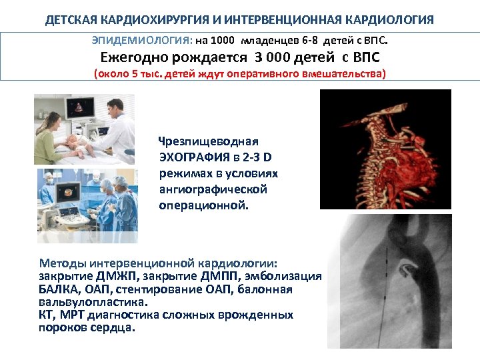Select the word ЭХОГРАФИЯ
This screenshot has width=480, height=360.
(x=192, y=157)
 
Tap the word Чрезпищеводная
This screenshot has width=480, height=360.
(x=208, y=141)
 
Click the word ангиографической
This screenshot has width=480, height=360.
(x=213, y=189)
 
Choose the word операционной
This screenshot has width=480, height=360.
(x=203, y=205)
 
